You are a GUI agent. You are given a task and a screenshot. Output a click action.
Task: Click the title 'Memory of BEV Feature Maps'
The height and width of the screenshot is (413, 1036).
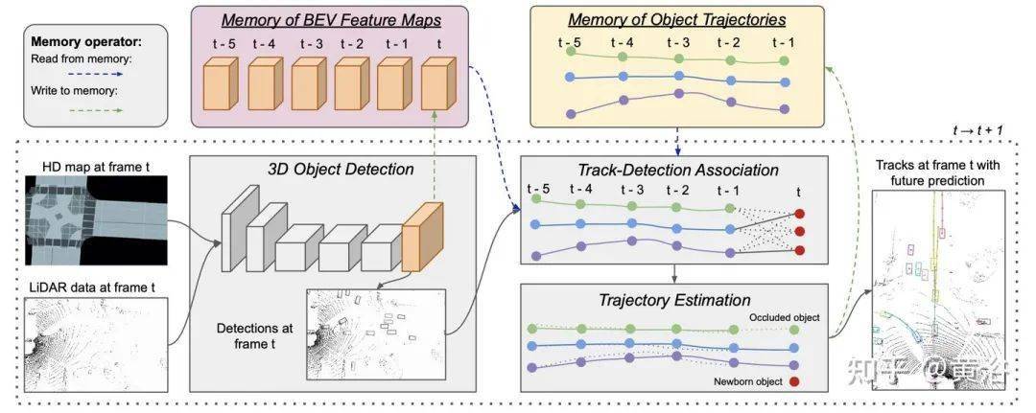click(331, 20)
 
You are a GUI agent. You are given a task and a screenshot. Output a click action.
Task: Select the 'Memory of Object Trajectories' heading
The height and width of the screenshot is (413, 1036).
click(677, 19)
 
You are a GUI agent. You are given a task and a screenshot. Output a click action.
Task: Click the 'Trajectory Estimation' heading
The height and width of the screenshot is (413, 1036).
click(666, 301)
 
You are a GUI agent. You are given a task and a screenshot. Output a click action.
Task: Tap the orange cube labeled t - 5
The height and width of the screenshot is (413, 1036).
click(220, 81)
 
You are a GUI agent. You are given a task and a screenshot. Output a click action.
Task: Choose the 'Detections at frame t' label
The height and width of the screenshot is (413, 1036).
click(254, 335)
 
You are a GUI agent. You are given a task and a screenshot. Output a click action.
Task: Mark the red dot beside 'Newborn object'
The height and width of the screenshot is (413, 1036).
click(793, 381)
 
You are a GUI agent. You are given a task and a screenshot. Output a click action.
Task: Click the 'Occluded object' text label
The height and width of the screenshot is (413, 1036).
click(785, 318)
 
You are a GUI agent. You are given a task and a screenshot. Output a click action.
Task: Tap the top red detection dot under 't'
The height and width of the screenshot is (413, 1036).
click(799, 214)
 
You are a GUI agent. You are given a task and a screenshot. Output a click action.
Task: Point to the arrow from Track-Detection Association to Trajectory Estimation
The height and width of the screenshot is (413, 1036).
click(674, 273)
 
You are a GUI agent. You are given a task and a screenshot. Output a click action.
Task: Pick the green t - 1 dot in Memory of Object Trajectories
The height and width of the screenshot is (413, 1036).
click(784, 60)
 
